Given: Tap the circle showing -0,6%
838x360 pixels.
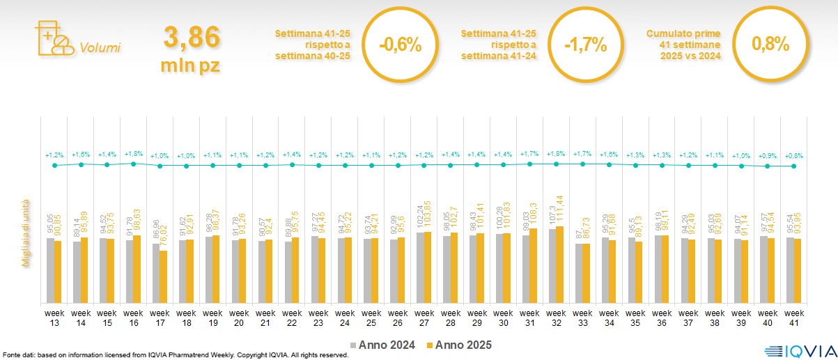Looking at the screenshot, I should click(401, 45).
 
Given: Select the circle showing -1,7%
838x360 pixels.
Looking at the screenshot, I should click(586, 45).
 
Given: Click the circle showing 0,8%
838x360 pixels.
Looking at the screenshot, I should click(770, 45).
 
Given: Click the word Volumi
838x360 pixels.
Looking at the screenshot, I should click(100, 48).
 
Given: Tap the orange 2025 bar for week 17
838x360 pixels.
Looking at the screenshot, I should click(163, 276).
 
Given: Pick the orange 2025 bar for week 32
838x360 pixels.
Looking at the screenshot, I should click(559, 265).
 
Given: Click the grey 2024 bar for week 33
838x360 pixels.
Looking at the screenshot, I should click(578, 273).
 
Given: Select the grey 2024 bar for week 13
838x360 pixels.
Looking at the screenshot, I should click(50, 270).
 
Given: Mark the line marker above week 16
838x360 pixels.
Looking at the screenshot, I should click(133, 163).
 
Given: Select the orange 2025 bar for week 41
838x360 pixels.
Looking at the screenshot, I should click(798, 271).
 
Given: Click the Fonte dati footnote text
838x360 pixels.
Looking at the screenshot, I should click(174, 355).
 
